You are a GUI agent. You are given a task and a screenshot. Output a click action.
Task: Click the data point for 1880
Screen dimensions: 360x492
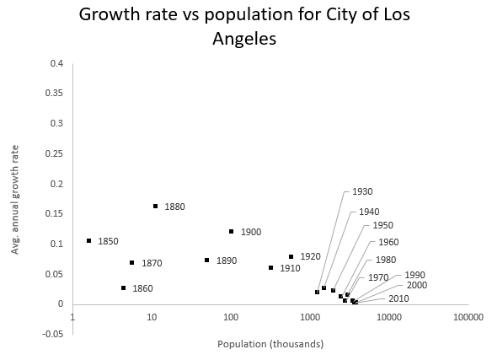pos(156,206)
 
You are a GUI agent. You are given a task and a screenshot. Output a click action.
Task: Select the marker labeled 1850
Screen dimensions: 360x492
pos(88,240)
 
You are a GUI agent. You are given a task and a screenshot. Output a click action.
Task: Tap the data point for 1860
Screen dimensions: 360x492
pos(123,287)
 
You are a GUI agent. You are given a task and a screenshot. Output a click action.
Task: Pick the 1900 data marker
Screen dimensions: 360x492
pos(231,231)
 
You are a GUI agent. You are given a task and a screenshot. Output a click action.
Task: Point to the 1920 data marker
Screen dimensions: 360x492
pos(291,256)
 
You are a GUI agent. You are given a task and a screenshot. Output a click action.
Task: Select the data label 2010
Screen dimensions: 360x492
pos(398,298)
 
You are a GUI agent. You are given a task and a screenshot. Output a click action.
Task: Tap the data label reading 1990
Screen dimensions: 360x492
pos(414,275)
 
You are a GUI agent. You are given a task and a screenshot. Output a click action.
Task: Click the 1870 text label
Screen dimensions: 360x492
pos(152,263)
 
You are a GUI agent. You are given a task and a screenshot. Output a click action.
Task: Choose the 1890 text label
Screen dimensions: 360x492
pos(226,261)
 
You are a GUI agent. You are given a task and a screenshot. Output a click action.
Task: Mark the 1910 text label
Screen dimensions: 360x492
pos(290,268)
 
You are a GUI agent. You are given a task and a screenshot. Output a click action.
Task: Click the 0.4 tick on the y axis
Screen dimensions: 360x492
pos(56,63)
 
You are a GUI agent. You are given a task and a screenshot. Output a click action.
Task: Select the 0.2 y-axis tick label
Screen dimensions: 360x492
pos(56,184)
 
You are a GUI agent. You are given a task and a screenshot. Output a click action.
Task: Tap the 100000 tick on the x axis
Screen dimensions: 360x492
pos(468,317)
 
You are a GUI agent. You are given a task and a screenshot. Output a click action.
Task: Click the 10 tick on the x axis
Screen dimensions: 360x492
pos(152,317)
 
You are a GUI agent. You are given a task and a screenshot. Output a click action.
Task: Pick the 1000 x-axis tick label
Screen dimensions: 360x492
pos(310,317)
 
